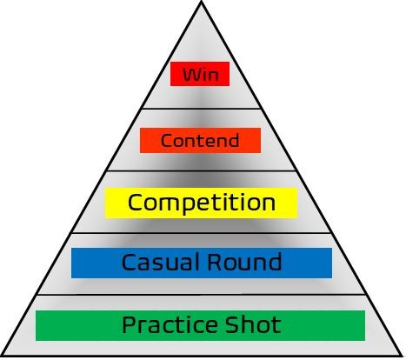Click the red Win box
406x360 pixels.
pyautogui.click(x=200, y=74)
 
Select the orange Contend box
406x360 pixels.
pyautogui.click(x=200, y=140)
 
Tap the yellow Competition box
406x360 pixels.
pyautogui.click(x=201, y=203)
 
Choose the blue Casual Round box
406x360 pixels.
pyautogui.click(x=202, y=263)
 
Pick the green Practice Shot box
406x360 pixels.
pyautogui.click(x=200, y=325)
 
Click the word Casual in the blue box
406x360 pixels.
pyautogui.click(x=162, y=262)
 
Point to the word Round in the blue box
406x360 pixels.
pyautogui.click(x=244, y=262)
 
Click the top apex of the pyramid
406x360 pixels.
pyautogui.click(x=202, y=1)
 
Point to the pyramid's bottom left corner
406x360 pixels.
pyautogui.click(x=3, y=356)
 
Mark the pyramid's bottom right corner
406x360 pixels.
pyautogui.click(x=403, y=356)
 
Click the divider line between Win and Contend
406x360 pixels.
pyautogui.click(x=201, y=109)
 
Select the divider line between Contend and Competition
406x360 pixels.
pyautogui.click(x=201, y=171)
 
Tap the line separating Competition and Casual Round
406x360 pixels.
pyautogui.click(x=201, y=233)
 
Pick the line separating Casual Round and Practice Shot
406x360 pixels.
pyautogui.click(x=201, y=295)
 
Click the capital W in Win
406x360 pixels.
pyautogui.click(x=192, y=74)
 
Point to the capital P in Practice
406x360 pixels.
pyautogui.click(x=129, y=324)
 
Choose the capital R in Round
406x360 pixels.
pyautogui.click(x=215, y=262)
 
